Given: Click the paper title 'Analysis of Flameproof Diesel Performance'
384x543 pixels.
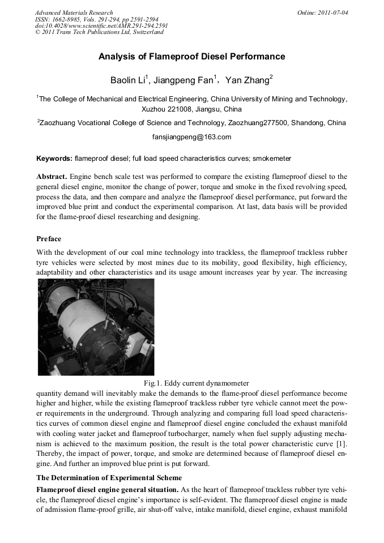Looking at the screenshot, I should coord(191,57).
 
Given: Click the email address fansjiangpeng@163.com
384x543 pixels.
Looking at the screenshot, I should coord(191,137).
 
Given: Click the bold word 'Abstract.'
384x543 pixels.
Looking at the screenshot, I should coord(53,177).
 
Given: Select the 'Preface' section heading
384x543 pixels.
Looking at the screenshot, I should coord(49,239).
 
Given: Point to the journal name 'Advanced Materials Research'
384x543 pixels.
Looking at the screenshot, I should coord(74,12).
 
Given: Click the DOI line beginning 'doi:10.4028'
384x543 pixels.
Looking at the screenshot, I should coord(101,25).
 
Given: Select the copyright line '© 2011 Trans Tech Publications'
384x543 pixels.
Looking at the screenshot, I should coord(99,32).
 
